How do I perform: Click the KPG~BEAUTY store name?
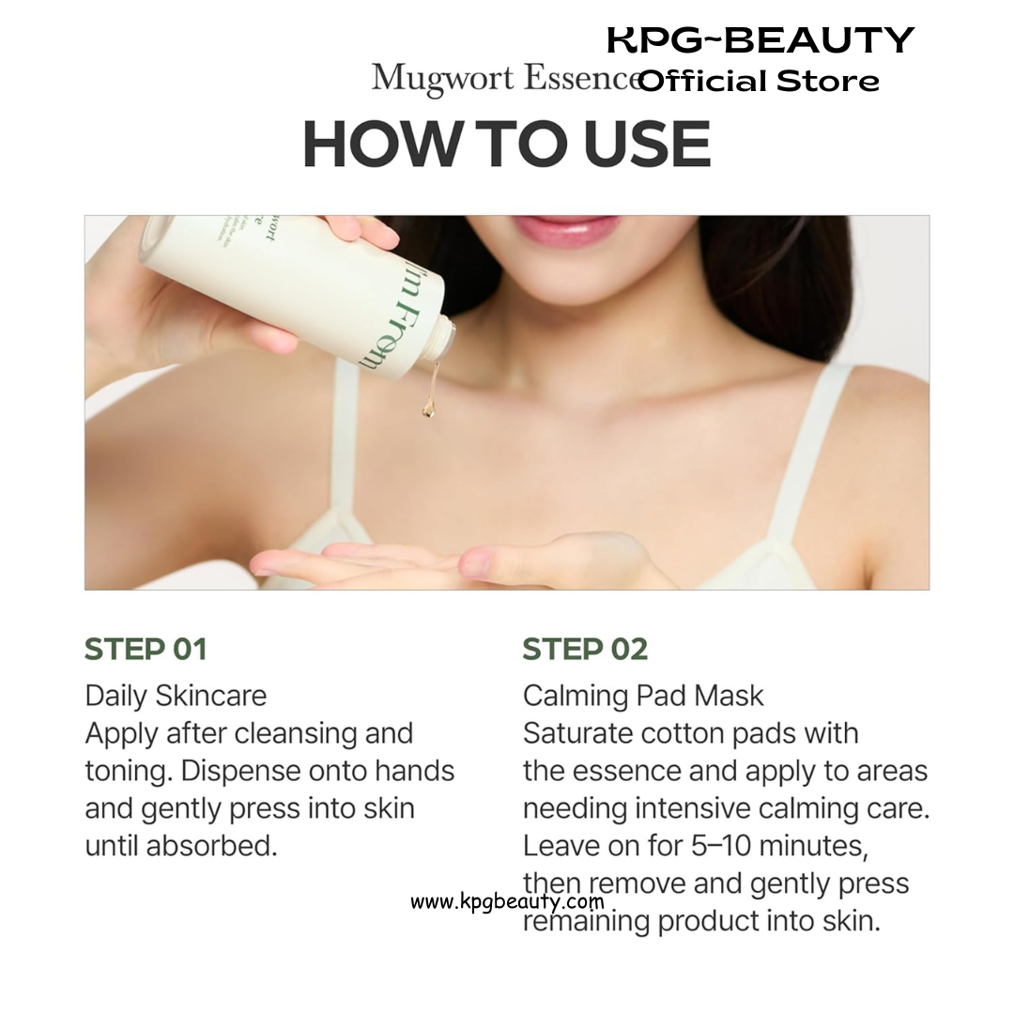(760, 40)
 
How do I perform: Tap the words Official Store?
(760, 82)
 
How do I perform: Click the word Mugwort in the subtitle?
(443, 79)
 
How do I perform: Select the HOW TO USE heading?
(507, 145)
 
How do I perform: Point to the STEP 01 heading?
(146, 650)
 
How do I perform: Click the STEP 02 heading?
(585, 650)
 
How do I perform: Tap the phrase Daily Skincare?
(176, 696)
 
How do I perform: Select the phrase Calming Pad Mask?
(643, 696)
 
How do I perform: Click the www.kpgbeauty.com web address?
(507, 900)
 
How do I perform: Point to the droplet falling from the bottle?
(428, 408)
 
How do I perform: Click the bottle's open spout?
(444, 339)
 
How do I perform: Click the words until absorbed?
(181, 846)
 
